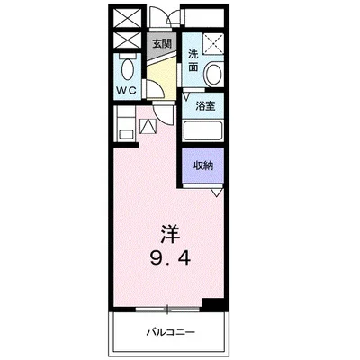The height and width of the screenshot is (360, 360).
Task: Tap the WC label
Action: (125, 91)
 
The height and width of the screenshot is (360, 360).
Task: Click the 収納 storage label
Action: (203, 165)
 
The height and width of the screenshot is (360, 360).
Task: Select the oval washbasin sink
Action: (213, 76)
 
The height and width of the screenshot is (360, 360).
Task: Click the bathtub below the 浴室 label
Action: (205, 130)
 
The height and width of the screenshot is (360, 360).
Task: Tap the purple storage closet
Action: (203, 166)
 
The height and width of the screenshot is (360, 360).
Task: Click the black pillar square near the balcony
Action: (210, 304)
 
